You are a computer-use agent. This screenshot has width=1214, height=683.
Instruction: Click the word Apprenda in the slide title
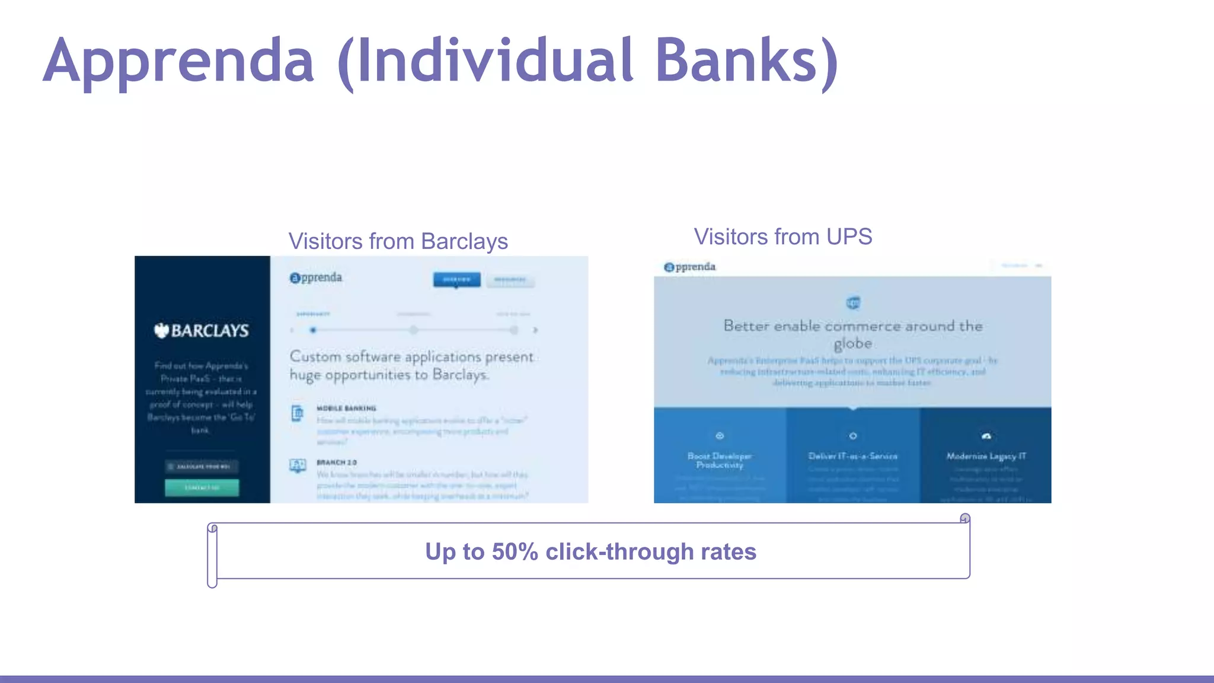coord(178,61)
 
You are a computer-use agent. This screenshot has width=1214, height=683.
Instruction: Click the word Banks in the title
coord(739,61)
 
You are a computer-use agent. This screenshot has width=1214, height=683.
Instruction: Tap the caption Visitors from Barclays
coord(398,241)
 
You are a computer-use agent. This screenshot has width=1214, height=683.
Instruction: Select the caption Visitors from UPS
coord(782,237)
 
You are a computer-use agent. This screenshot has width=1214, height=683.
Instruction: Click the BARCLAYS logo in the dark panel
coord(202,330)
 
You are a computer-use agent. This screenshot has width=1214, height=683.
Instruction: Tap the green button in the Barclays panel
coord(202,487)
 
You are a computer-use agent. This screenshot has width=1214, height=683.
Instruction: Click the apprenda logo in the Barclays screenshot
coord(316,277)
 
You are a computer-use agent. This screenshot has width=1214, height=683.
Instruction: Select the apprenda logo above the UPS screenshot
coord(689,267)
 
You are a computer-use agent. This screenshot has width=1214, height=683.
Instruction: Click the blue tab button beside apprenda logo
coord(456,279)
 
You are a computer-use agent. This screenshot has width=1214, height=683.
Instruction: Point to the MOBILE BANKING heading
coord(346,408)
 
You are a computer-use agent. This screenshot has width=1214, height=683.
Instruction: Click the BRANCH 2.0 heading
coord(337,462)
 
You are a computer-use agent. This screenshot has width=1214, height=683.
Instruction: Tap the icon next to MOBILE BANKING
coord(298,413)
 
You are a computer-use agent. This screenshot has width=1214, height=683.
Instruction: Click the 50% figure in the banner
coord(515,551)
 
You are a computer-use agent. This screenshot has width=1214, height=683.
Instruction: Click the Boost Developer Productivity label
coord(720,460)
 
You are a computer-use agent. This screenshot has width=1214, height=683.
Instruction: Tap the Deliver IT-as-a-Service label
coord(852,456)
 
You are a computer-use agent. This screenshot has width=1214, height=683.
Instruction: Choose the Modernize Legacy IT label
coord(986,456)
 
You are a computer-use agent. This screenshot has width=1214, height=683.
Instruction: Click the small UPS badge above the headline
coord(853,303)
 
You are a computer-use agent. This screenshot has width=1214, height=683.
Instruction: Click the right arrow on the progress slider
coord(535,330)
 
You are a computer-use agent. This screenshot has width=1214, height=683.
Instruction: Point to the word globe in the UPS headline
coord(852,343)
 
